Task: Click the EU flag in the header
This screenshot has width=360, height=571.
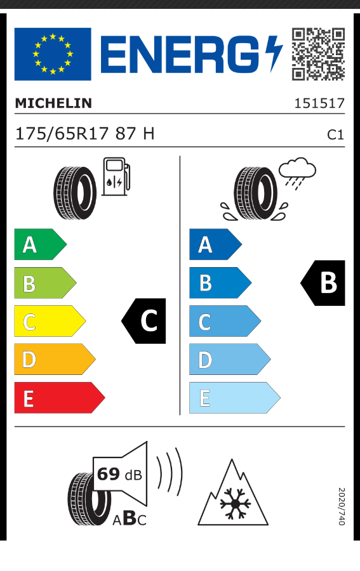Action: (53, 54)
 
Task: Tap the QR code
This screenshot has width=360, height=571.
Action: (318, 54)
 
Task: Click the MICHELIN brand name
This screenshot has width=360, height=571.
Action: (53, 103)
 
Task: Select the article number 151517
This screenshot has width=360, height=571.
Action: (319, 103)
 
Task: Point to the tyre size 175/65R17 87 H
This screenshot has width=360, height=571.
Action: (85, 134)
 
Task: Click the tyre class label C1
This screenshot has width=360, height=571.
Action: (335, 135)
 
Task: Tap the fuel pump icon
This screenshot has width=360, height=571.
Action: (116, 176)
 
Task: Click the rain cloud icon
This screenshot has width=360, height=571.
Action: (297, 173)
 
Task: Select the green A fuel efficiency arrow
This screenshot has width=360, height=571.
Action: (40, 244)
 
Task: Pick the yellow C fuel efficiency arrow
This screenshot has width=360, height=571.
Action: (50, 321)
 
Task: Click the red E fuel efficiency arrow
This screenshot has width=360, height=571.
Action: (60, 398)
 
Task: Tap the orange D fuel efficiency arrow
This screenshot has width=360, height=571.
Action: (55, 359)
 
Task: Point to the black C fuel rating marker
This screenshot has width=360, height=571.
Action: (143, 321)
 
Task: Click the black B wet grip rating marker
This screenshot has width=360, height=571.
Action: (323, 282)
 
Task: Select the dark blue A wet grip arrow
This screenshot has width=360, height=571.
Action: (215, 244)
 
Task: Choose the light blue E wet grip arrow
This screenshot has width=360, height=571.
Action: (235, 398)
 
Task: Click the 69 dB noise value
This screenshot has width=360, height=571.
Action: (119, 474)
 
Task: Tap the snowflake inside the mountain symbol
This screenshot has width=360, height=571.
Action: (236, 504)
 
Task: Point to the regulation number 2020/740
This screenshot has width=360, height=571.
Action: (341, 506)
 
